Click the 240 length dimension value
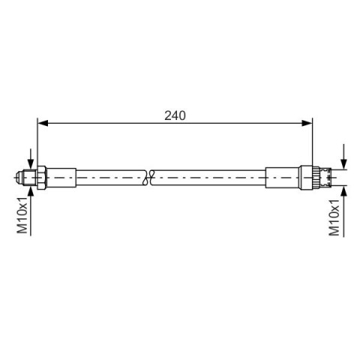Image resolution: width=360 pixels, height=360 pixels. coord(175,115)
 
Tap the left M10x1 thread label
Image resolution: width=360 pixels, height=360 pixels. coord(22,215)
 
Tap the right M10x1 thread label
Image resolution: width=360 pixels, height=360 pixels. coord(334,217)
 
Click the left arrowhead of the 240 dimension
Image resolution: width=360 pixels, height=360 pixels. coord(43,123)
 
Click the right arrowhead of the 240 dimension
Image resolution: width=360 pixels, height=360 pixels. coord(307,123)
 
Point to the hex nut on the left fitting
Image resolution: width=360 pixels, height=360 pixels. coord(41,178)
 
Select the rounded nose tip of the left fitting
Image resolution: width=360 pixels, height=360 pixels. coord(18,178)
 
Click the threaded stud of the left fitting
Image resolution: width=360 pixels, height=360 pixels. coord(28,178)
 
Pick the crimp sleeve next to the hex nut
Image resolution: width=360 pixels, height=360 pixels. coord(61,178)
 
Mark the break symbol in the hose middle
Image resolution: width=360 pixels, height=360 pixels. coord(149,178)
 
